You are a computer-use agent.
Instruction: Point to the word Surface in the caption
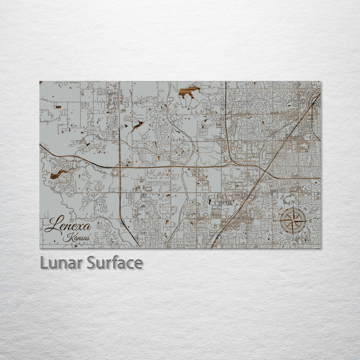click(114, 262)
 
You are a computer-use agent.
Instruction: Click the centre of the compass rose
click(293, 220)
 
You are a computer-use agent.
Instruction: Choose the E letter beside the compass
click(310, 220)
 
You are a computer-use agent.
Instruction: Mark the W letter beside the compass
click(274, 220)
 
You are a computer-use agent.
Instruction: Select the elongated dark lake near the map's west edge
click(60, 173)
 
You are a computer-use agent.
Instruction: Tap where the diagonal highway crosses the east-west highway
click(262, 169)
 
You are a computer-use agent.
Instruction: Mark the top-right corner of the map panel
click(320, 81)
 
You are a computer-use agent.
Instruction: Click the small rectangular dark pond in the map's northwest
click(58, 107)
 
